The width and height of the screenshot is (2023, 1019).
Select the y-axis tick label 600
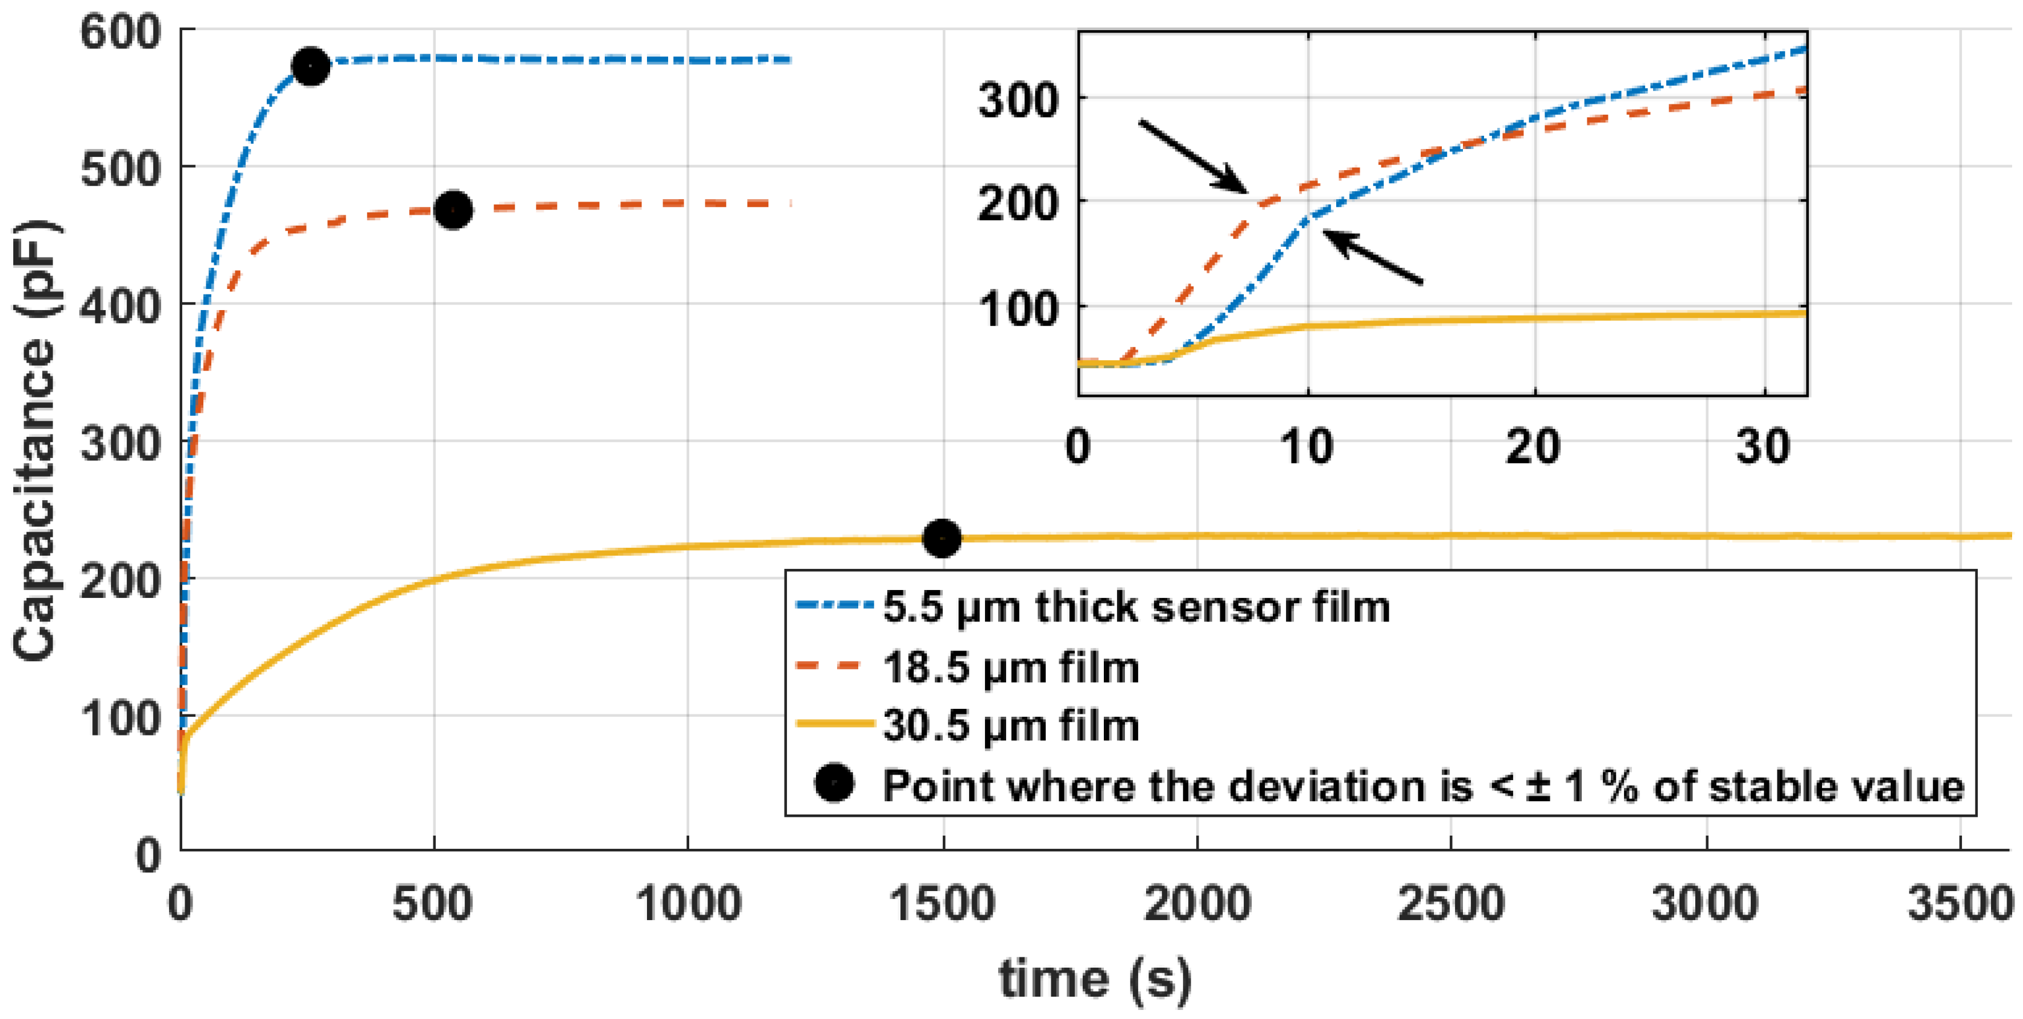(120, 33)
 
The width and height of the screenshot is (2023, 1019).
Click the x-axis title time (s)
(1095, 979)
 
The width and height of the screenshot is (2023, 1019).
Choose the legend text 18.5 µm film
(1011, 667)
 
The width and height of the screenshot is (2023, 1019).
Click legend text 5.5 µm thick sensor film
(1136, 607)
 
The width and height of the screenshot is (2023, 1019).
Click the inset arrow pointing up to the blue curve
(1373, 256)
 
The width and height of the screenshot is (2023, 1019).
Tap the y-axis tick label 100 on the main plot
(120, 717)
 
